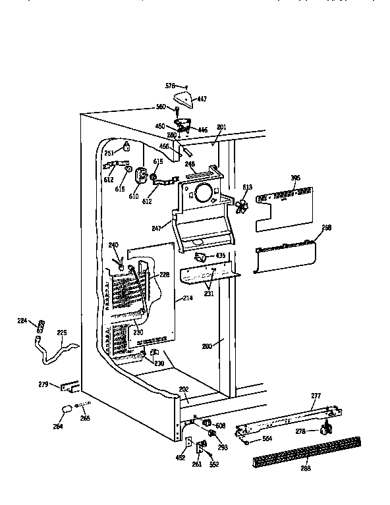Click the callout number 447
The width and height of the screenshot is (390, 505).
(202, 99)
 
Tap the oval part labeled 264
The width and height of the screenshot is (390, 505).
(66, 410)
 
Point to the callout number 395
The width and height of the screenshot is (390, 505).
(295, 178)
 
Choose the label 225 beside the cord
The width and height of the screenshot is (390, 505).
(62, 332)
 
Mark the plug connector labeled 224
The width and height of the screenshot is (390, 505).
(43, 324)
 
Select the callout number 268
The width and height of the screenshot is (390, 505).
(326, 227)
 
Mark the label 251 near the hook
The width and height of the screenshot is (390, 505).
(109, 152)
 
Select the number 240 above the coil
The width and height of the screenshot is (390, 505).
(113, 245)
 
